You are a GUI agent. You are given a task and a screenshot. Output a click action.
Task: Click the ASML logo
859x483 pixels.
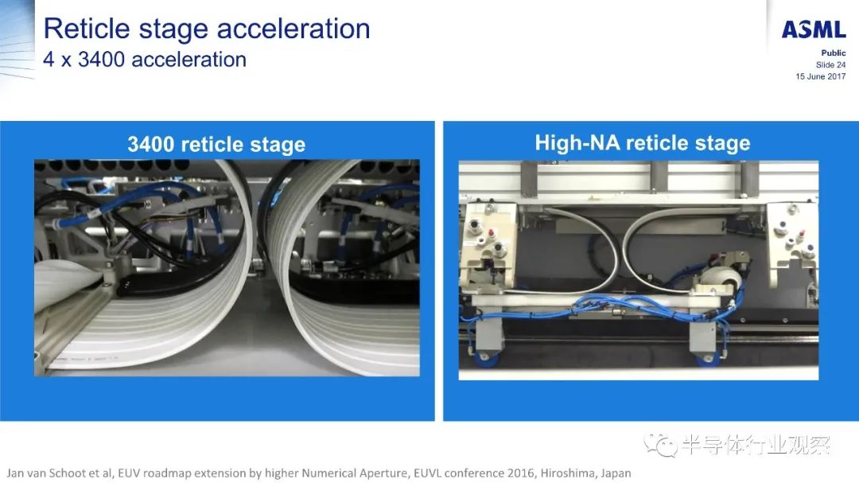pos(814,29)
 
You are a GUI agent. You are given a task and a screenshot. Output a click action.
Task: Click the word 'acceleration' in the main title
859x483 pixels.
pos(293,29)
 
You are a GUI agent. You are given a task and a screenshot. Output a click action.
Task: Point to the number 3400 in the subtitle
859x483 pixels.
pos(101,59)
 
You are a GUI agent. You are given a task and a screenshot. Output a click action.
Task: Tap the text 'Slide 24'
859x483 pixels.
pos(830,64)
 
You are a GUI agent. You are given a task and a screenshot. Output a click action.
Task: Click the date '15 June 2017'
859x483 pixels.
pos(821,76)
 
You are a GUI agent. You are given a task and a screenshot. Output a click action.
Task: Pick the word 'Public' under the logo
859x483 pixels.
pos(834,53)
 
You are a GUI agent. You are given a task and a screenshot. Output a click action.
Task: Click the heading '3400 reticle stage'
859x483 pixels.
pos(216,145)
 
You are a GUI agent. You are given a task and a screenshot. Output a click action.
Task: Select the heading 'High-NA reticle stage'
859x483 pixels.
pos(643,143)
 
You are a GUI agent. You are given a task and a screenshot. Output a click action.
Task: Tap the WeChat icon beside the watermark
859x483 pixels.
pos(661,445)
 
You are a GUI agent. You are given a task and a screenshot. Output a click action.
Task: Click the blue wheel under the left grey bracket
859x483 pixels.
pos(486,359)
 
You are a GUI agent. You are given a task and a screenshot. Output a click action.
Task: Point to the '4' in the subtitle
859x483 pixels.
pos(49,59)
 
